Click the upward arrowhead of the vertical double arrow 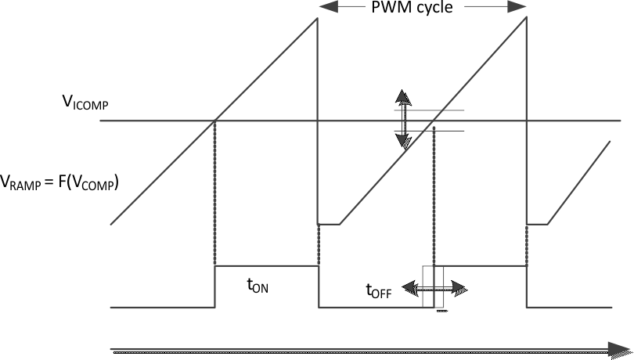point(403,97)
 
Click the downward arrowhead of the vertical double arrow point(403,141)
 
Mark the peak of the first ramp point(317,18)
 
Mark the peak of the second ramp point(526,18)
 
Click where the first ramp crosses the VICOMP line point(214,121)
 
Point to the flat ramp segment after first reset point(329,224)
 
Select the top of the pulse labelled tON point(266,266)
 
